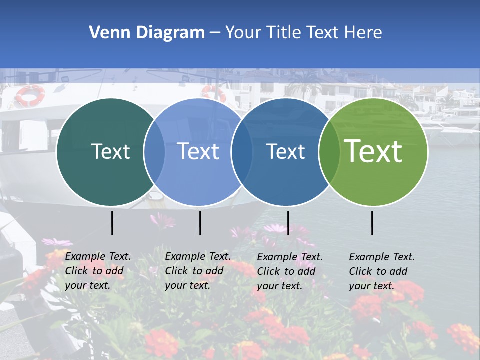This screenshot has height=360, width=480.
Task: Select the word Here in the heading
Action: tap(362, 33)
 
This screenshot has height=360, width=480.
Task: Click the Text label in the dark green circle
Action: tap(110, 151)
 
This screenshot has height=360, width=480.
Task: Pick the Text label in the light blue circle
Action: tap(198, 151)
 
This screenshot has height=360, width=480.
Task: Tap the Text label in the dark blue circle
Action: tap(285, 151)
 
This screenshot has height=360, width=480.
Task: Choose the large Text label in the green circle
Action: tap(373, 151)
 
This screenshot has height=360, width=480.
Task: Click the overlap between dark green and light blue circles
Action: tap(154, 152)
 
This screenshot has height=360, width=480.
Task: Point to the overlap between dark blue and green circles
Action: tap(329, 152)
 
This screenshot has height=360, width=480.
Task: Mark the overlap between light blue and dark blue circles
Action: tap(242, 152)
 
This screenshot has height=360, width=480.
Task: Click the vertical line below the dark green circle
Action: tap(112, 223)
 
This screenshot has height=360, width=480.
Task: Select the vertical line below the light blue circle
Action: tap(200, 223)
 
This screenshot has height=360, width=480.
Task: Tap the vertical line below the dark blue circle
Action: tap(288, 223)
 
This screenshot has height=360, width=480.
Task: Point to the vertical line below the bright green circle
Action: tap(372, 223)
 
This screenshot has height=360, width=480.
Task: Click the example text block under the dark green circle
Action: tap(98, 271)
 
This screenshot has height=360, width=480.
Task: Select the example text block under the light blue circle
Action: tap(198, 271)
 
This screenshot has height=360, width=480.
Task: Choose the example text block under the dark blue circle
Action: tap(290, 271)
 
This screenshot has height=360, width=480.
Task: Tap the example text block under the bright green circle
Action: tap(382, 271)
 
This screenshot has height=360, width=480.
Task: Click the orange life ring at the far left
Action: tap(30, 95)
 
